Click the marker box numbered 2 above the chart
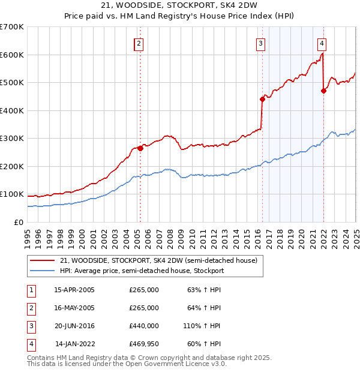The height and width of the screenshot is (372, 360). tap(139, 43)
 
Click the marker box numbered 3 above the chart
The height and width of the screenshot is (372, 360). tap(261, 43)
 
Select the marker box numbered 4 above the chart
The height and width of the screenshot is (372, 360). tap(322, 43)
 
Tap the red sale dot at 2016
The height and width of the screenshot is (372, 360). tap(262, 99)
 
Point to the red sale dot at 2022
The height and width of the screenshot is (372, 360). tap(324, 91)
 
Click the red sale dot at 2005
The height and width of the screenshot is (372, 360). tap(140, 148)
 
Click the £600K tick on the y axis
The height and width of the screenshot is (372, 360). tap(11, 55)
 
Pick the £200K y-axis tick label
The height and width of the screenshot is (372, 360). tap(11, 166)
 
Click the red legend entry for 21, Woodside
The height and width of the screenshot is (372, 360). tap(158, 260)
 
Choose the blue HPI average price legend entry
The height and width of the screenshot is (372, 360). tap(142, 271)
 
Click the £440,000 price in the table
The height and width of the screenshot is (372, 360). tap(144, 326)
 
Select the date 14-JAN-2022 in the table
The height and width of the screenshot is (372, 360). tap(74, 344)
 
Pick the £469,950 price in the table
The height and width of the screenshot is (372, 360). tap(144, 344)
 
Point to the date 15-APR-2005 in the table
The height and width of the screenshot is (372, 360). tap(74, 290)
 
